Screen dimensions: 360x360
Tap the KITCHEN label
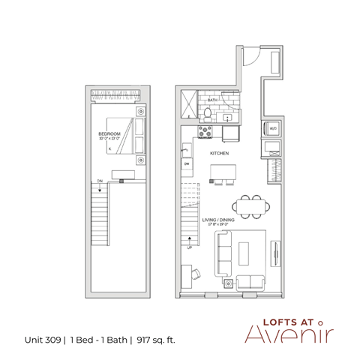pyautogui.click(x=219, y=153)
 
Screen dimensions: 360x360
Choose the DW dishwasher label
pyautogui.click(x=186, y=164)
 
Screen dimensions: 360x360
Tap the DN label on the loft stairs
pyautogui.click(x=99, y=181)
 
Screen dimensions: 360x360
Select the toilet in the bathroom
pyautogui.click(x=208, y=113)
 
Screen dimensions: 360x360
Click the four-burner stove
pyautogui.click(x=205, y=132)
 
